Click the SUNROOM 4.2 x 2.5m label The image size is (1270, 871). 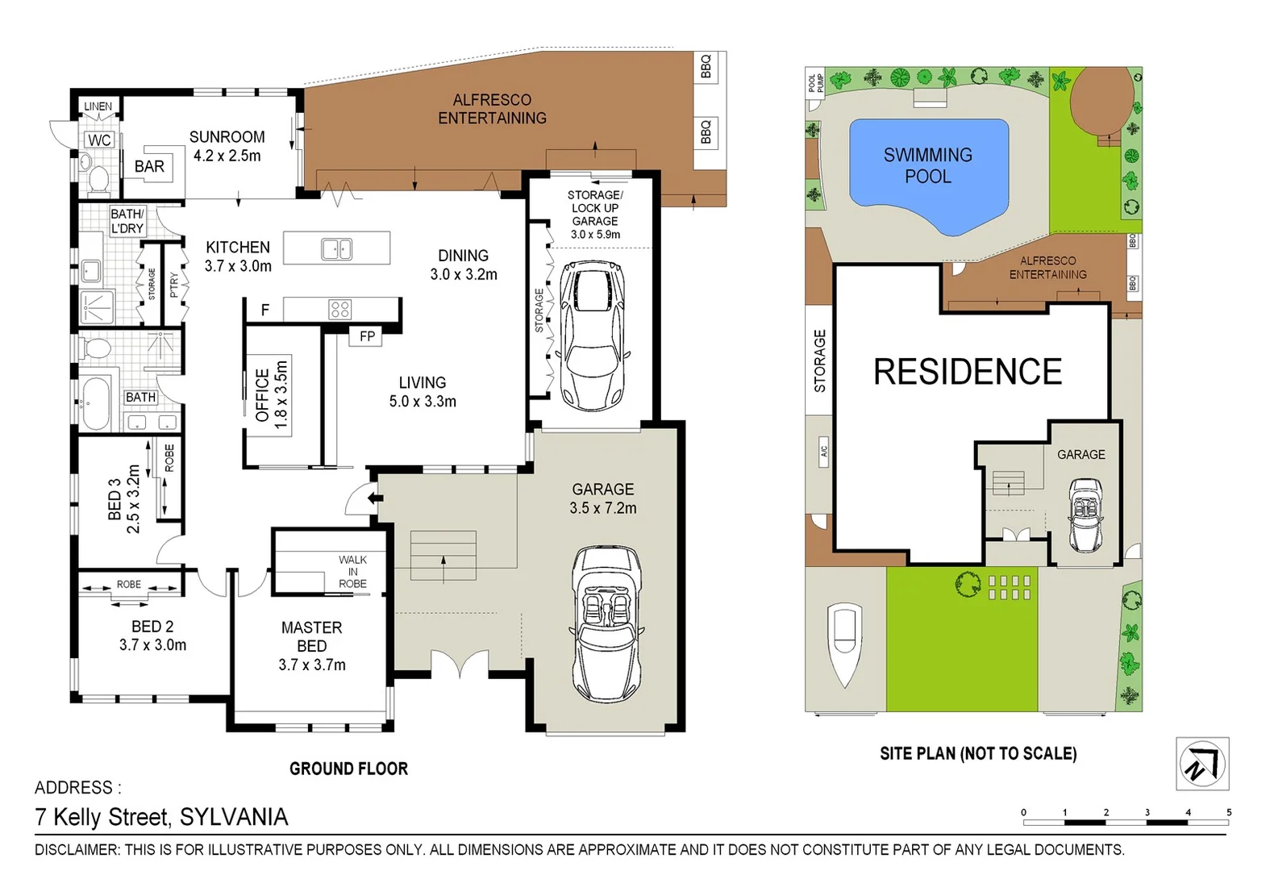(x=227, y=146)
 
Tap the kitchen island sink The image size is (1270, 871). (x=337, y=249)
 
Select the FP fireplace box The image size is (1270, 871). (x=367, y=336)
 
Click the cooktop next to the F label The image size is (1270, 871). (x=339, y=309)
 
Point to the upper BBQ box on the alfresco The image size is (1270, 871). (x=706, y=67)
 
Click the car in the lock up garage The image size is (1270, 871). (x=593, y=335)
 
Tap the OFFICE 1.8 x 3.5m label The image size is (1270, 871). (x=272, y=394)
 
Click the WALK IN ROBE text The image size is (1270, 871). (x=352, y=572)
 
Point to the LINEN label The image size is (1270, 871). (x=98, y=106)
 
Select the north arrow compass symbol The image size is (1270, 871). (x=1201, y=763)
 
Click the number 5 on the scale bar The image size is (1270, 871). (x=1229, y=812)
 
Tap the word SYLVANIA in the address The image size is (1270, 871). (x=234, y=817)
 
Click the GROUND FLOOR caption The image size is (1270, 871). (x=348, y=769)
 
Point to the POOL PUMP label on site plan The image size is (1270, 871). (x=815, y=81)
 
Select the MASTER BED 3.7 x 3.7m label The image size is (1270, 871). (x=312, y=646)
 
